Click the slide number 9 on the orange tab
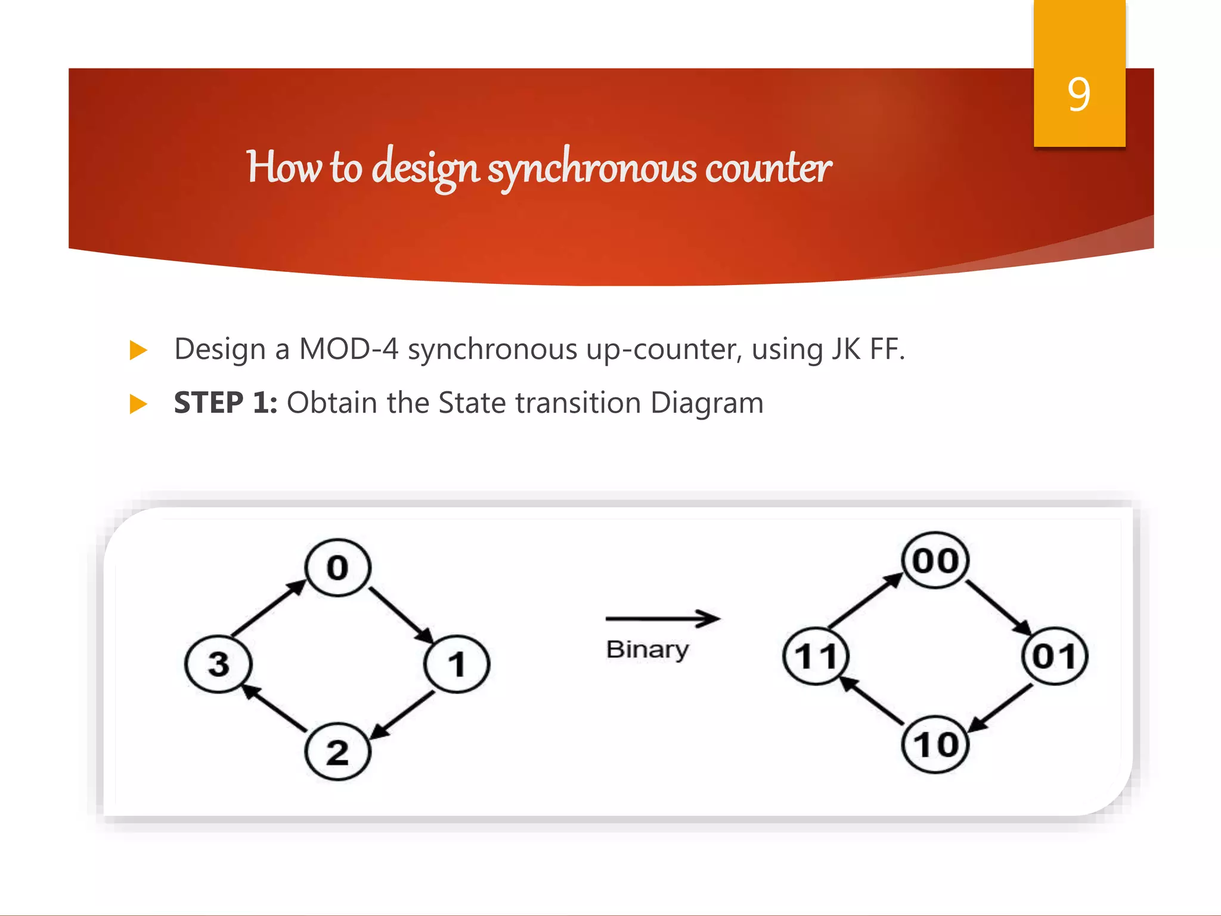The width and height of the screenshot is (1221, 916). [x=1079, y=94]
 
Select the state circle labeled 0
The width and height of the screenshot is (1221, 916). [x=337, y=567]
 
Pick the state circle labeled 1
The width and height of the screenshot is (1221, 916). [x=457, y=664]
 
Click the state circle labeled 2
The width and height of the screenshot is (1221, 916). [x=337, y=751]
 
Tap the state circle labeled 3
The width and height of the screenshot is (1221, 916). [x=219, y=664]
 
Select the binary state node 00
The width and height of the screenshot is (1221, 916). [x=935, y=561]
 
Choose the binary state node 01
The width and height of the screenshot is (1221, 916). [x=1055, y=656]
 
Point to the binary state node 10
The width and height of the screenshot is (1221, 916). [x=935, y=744]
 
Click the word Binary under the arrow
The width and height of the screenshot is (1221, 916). [x=647, y=649]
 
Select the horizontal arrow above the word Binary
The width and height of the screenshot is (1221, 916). [x=662, y=619]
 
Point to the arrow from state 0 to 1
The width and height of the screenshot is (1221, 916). [x=400, y=615]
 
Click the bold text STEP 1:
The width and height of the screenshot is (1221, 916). [x=225, y=403]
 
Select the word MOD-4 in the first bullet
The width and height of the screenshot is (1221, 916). [x=348, y=349]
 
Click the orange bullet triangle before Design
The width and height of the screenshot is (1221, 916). [x=138, y=350]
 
